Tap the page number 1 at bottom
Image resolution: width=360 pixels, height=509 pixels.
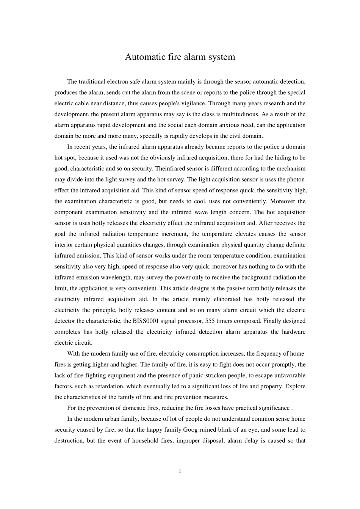point(180,471)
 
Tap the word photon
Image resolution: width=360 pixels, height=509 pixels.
point(297,180)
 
